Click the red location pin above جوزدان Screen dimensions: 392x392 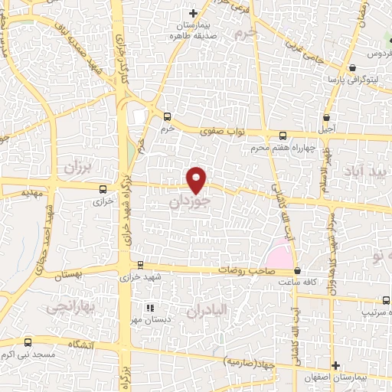coord(197,179)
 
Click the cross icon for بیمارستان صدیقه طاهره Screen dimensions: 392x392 coord(194,13)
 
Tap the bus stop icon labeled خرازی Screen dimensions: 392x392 coord(103,188)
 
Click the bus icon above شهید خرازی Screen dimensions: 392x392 coord(139,265)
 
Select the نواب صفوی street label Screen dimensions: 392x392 coord(221,131)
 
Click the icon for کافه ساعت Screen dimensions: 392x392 coord(297,270)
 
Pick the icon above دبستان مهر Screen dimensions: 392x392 coord(150,307)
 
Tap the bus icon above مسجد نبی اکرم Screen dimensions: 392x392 coord(28,342)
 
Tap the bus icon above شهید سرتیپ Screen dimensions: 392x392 coord(362,299)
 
